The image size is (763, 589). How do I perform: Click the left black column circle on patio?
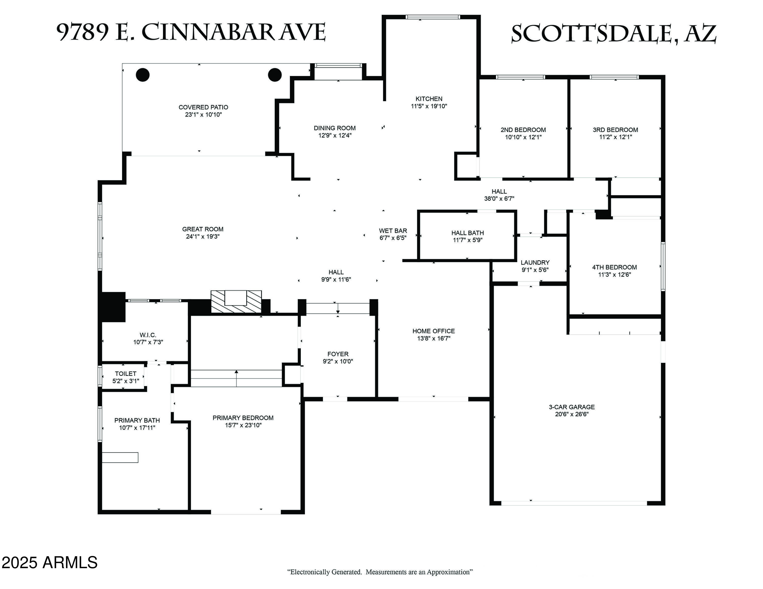[142, 75]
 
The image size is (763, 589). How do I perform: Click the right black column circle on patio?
[275, 75]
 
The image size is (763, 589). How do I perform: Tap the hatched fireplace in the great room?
[236, 301]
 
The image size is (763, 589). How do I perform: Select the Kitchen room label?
[429, 99]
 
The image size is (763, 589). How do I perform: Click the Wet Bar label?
[393, 231]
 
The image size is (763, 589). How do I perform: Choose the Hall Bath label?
[467, 233]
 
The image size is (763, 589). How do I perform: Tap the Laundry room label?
[535, 262]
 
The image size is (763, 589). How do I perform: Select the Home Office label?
[434, 331]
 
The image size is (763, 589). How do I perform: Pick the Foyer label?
[338, 354]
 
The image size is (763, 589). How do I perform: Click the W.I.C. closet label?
[148, 335]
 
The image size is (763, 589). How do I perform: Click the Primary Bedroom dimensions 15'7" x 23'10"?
[243, 425]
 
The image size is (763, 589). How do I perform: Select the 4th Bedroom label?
[614, 267]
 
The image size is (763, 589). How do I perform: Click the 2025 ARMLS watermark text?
[49, 563]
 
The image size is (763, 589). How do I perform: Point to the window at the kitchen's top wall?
[433, 17]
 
